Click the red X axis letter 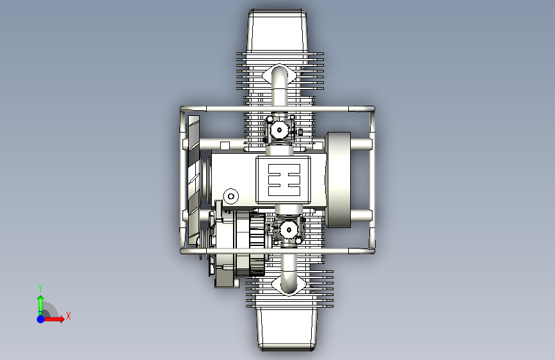[x=68, y=316]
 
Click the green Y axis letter [x=40, y=288]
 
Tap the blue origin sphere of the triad [x=41, y=319]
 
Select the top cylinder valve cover [x=278, y=31]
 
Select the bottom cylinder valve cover [x=286, y=329]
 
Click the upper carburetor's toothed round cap [x=279, y=129]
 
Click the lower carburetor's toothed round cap [x=289, y=230]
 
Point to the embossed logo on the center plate [x=284, y=179]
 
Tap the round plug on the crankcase [x=231, y=196]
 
